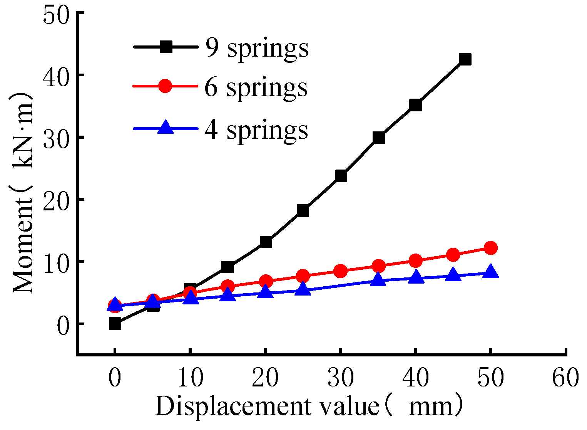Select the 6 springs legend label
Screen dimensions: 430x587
pos(256,88)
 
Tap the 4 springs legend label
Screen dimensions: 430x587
pos(256,130)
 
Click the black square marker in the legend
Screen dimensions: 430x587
pos(166,47)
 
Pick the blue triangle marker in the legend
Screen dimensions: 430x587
pos(166,128)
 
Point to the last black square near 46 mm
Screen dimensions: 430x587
pos(465,59)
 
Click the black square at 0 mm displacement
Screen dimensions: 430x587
pos(115,324)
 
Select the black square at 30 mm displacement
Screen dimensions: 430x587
pos(341,176)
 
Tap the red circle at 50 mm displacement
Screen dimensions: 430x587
pos(490,248)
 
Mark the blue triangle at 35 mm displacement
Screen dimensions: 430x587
pos(378,279)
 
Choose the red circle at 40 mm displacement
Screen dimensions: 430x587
pos(415,261)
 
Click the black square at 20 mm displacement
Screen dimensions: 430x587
pos(266,242)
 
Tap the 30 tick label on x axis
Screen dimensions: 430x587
pos(341,378)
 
